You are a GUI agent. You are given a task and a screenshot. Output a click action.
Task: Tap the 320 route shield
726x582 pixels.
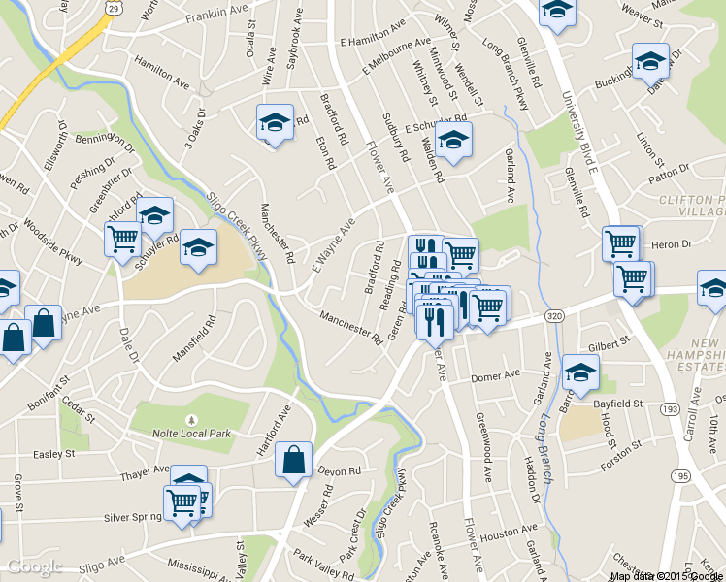(x=553, y=316)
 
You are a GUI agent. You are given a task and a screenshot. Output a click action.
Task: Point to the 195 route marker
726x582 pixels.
(x=683, y=475)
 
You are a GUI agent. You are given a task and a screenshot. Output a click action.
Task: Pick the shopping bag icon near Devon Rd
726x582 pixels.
(x=293, y=462)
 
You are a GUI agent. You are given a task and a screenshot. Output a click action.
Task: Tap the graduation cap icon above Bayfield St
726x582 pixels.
(x=580, y=372)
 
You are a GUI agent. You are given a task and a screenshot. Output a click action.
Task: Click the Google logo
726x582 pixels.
(x=34, y=566)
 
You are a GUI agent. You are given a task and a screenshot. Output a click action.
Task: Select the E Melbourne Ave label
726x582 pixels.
(x=393, y=58)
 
